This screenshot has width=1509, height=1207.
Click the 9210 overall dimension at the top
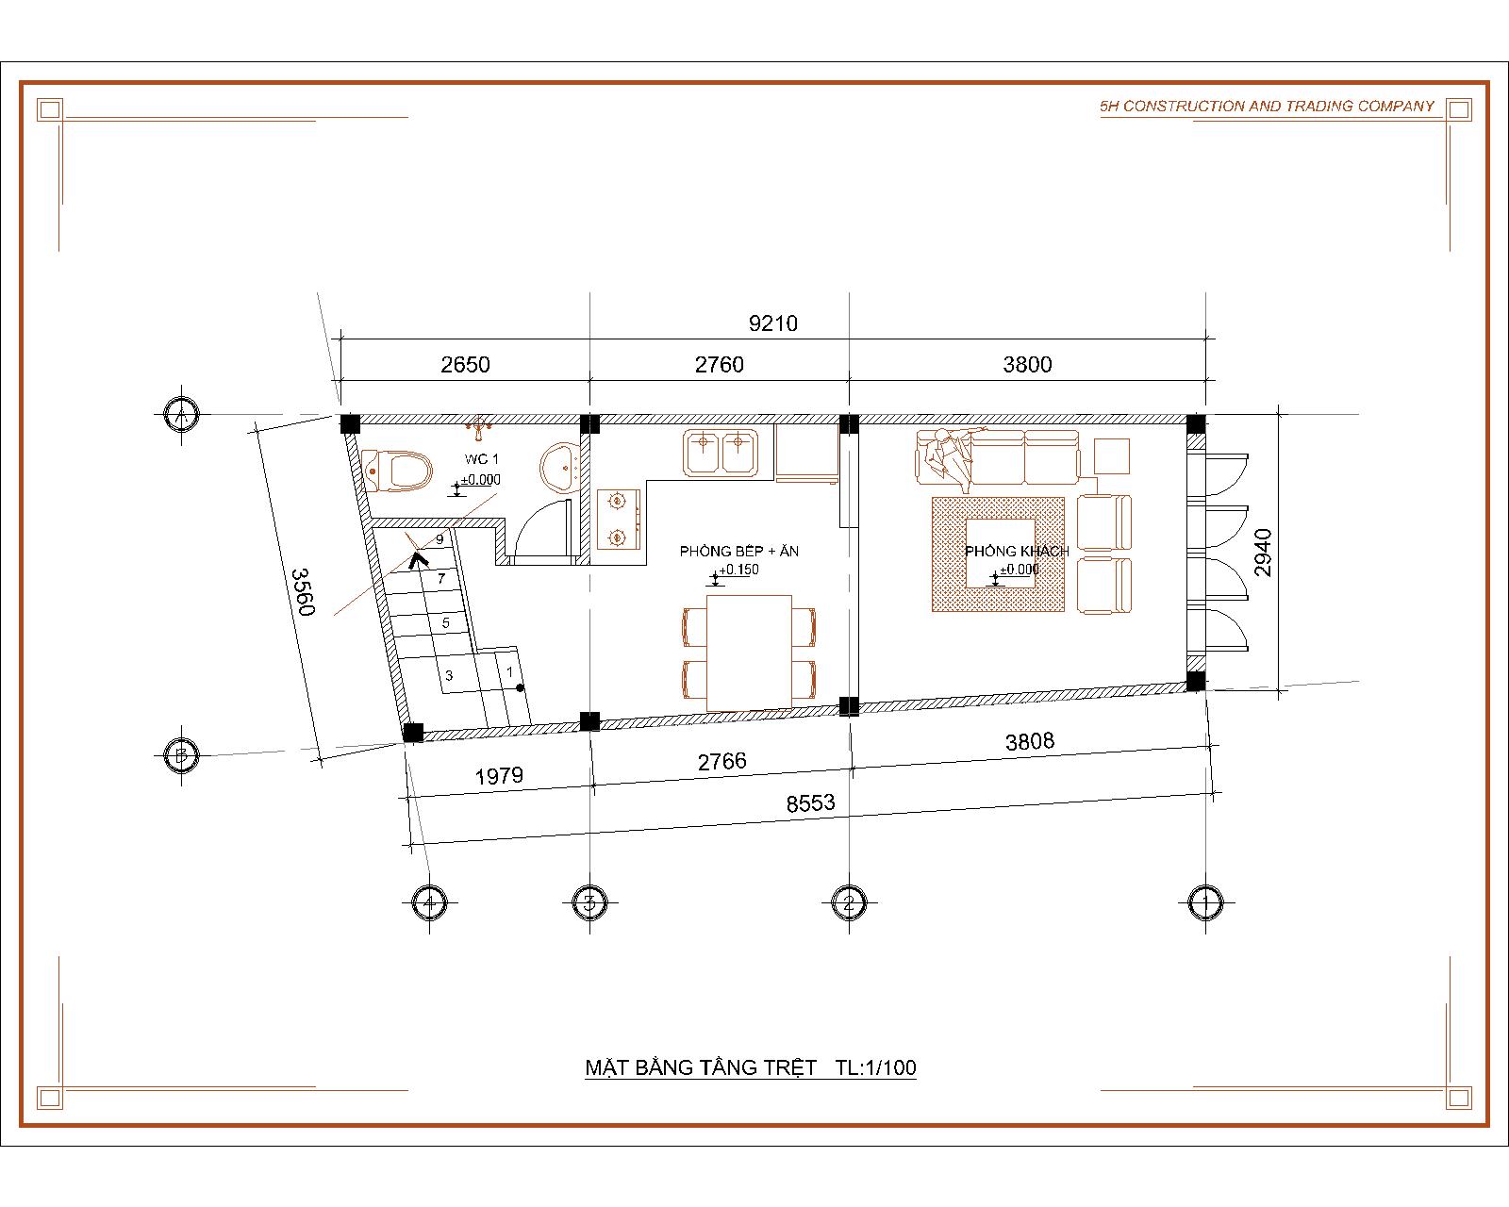[x=772, y=323]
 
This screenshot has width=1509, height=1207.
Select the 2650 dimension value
[x=465, y=365]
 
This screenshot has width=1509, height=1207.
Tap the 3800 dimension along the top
[x=1027, y=365]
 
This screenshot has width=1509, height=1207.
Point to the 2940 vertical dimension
[x=1262, y=553]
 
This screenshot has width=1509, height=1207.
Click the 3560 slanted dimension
[x=303, y=592]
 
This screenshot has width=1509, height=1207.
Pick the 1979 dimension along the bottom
[x=499, y=776]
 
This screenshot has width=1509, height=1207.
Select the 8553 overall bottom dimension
[x=810, y=803]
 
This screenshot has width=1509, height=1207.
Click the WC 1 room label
[x=482, y=459]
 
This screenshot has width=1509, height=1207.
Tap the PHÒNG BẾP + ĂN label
[x=739, y=552]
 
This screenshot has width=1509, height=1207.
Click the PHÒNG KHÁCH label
[x=1017, y=552]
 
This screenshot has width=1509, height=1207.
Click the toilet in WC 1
[x=398, y=471]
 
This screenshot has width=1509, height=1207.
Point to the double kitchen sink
[x=721, y=453]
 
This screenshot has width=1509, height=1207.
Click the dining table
[x=749, y=653]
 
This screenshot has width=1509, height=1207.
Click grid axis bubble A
[x=182, y=415]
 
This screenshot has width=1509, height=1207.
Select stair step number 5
[x=445, y=622]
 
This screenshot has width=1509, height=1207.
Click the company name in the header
[x=1267, y=107]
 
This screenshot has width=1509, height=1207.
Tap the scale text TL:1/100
[x=876, y=1067]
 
